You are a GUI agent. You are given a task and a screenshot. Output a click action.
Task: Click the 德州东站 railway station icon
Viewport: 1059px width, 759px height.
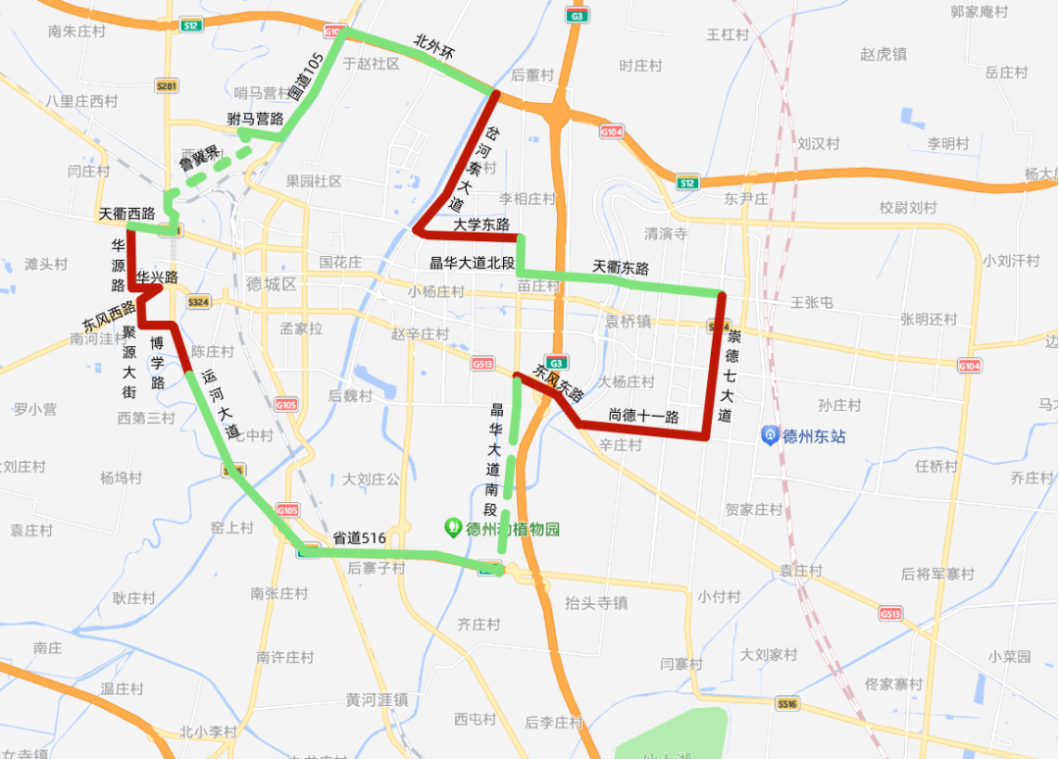[772, 435]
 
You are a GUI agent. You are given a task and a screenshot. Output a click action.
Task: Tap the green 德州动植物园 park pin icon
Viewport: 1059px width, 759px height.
[453, 528]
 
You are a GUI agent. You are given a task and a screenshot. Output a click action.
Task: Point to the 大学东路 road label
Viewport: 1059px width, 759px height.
[481, 225]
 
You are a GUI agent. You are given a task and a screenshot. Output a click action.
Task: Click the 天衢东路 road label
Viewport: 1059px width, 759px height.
[621, 267]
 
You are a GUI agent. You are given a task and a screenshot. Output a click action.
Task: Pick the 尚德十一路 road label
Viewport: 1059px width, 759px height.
[643, 416]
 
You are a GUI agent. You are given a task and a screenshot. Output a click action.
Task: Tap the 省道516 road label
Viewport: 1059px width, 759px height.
[359, 537]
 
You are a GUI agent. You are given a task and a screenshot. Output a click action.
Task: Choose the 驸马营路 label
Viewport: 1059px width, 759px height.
[255, 119]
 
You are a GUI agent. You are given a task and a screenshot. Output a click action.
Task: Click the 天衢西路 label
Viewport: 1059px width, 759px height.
[127, 214]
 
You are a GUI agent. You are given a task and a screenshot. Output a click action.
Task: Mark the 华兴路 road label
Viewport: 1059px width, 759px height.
[157, 278]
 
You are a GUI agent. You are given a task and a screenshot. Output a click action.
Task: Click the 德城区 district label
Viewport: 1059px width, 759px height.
[272, 284]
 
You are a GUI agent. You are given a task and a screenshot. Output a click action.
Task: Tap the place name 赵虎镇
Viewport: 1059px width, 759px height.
[882, 55]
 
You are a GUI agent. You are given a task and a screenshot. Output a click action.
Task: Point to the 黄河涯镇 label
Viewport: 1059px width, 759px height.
[377, 700]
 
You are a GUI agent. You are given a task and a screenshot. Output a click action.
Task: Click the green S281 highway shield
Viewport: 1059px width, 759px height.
[167, 86]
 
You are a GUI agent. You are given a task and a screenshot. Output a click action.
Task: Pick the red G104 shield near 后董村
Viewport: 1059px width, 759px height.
[612, 130]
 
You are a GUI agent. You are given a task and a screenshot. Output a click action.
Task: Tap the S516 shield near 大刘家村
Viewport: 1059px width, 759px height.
[787, 704]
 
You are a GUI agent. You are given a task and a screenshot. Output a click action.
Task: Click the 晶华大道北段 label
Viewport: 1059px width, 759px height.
[473, 263]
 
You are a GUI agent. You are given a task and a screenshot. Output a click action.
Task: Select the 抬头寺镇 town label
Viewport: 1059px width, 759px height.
[596, 603]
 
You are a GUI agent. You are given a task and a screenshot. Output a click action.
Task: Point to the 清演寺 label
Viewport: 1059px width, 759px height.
[666, 233]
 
